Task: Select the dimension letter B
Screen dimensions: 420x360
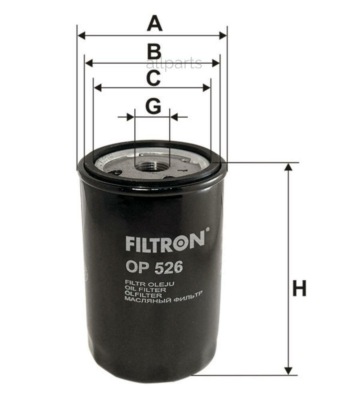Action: pos(154,52)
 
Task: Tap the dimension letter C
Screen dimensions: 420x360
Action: pos(153,78)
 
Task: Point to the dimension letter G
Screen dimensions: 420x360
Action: pos(153,106)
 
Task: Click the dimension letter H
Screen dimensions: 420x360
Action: pos(299,288)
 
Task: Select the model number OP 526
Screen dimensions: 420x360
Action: pos(154,267)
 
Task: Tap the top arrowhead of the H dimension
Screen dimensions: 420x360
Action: pos(288,167)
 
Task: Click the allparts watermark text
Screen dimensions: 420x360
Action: pos(174,63)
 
